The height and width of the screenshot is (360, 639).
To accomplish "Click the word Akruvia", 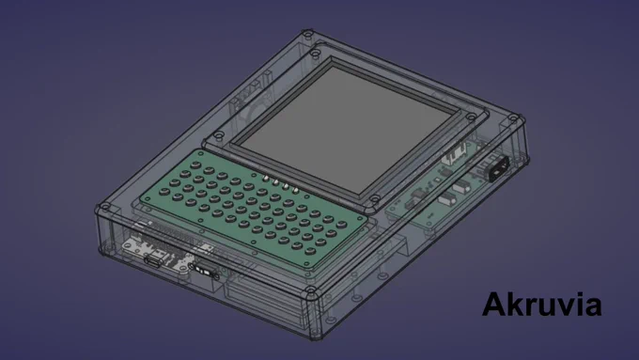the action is (542, 305).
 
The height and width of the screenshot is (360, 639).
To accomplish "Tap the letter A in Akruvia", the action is (493, 305).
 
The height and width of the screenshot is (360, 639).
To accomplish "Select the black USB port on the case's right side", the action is (499, 168).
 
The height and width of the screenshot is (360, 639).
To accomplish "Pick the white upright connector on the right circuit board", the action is (455, 156).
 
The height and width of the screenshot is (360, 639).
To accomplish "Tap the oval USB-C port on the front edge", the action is (153, 262).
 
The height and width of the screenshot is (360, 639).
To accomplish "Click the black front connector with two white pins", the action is (205, 270).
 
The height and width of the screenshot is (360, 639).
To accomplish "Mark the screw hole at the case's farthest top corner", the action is (307, 33).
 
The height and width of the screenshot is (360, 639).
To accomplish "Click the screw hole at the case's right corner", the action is (514, 119).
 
